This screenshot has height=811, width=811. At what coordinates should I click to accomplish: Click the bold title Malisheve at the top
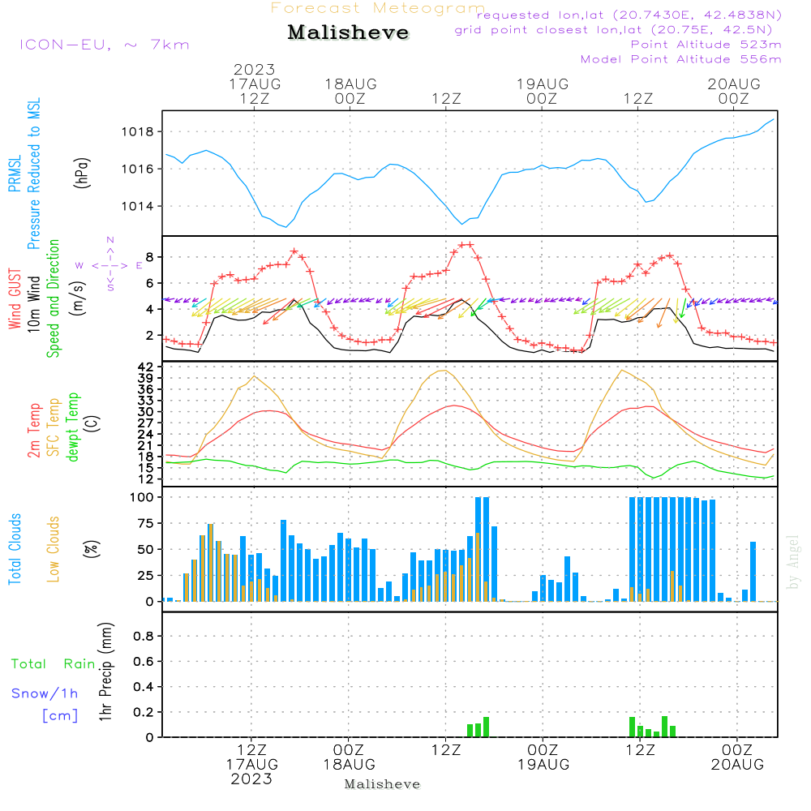(x=348, y=33)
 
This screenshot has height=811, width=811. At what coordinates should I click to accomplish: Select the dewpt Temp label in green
(x=74, y=427)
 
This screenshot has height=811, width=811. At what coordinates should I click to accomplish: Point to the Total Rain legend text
(x=54, y=664)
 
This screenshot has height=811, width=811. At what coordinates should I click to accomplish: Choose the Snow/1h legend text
(x=45, y=693)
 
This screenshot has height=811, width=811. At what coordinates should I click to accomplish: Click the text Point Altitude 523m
(x=706, y=45)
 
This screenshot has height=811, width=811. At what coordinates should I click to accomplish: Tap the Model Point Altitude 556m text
(x=680, y=59)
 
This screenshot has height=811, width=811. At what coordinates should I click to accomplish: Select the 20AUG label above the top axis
(x=733, y=84)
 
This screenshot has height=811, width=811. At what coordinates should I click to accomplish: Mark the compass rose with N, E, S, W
(x=109, y=265)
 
